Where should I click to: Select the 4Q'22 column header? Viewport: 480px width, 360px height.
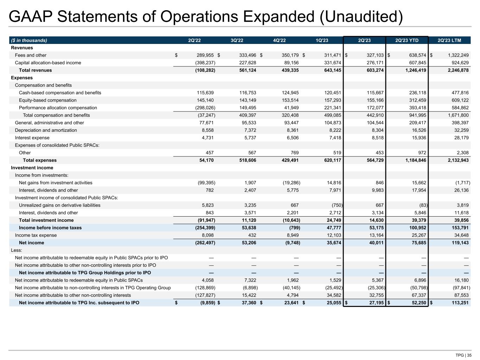[280, 40]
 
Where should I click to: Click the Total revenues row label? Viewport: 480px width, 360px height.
[35, 70]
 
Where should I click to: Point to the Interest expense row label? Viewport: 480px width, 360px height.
[32, 138]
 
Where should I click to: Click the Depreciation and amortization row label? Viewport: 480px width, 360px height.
[46, 130]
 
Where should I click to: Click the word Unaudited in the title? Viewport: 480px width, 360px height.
[361, 17]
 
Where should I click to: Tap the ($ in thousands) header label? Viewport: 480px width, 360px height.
[29, 40]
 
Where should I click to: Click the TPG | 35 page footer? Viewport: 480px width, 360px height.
[463, 355]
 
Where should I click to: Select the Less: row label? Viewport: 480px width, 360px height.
[17, 250]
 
